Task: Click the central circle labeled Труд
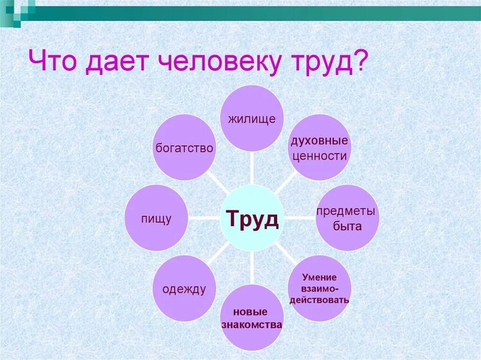point(252,218)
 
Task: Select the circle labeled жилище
point(252,118)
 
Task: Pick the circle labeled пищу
point(156,218)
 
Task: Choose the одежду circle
point(185,288)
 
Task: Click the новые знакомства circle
point(252,318)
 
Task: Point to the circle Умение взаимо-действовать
point(319,288)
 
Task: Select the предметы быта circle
point(348,218)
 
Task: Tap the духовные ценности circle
point(319,147)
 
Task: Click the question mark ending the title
point(359,62)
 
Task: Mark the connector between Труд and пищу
point(204,218)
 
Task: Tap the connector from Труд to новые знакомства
point(252,268)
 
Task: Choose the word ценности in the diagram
point(319,156)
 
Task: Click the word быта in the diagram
point(348,226)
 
